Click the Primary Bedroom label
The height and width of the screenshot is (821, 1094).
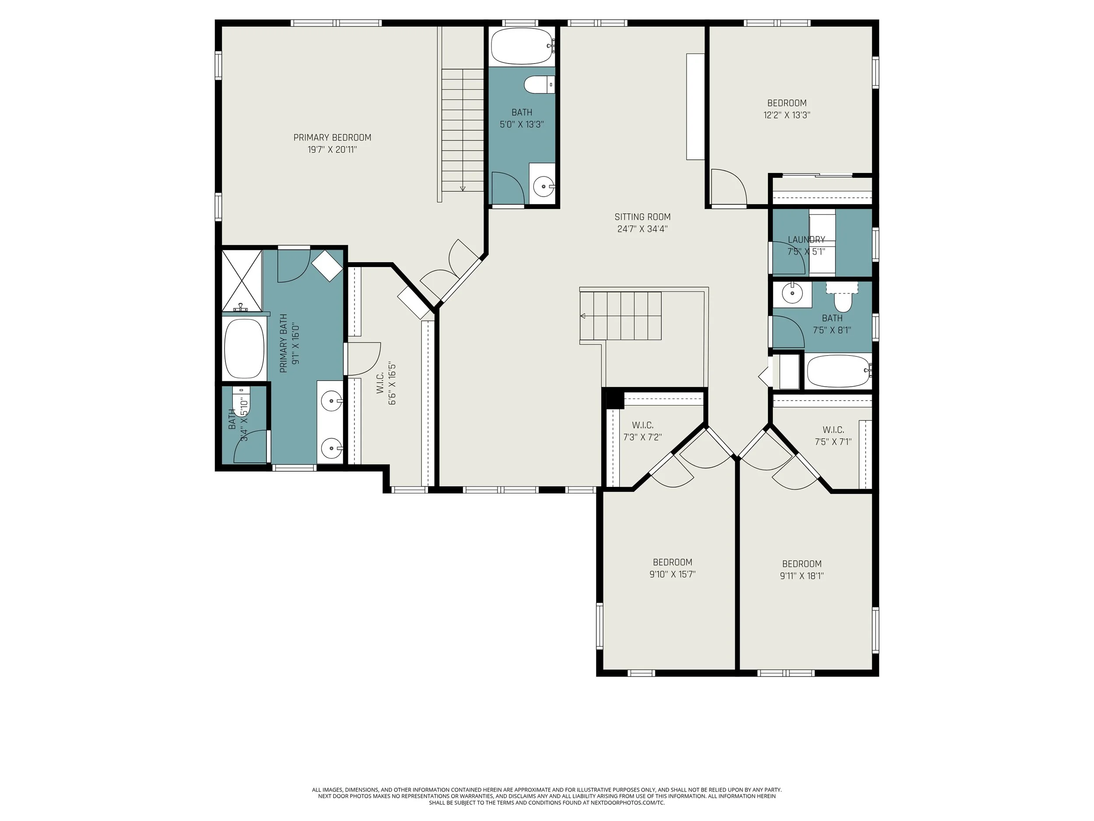[332, 137]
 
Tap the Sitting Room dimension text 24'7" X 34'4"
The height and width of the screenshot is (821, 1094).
[642, 229]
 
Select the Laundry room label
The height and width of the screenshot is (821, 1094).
[806, 240]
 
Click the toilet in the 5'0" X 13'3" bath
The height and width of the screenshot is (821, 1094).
[539, 85]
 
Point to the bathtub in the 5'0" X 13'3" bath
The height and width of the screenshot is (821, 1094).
[523, 46]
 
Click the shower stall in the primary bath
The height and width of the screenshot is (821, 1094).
[242, 281]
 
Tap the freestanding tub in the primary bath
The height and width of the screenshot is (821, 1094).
[244, 349]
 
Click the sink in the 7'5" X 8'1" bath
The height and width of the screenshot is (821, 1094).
[792, 293]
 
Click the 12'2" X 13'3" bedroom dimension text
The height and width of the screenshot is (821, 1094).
[786, 115]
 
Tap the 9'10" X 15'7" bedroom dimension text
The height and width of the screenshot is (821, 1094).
[672, 574]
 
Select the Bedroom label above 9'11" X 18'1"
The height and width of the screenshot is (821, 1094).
[802, 564]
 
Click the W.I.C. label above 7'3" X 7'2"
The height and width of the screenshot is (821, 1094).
[642, 425]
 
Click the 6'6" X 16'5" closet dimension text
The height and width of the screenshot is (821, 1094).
[392, 384]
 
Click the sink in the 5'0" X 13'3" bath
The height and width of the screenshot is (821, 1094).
[544, 187]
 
